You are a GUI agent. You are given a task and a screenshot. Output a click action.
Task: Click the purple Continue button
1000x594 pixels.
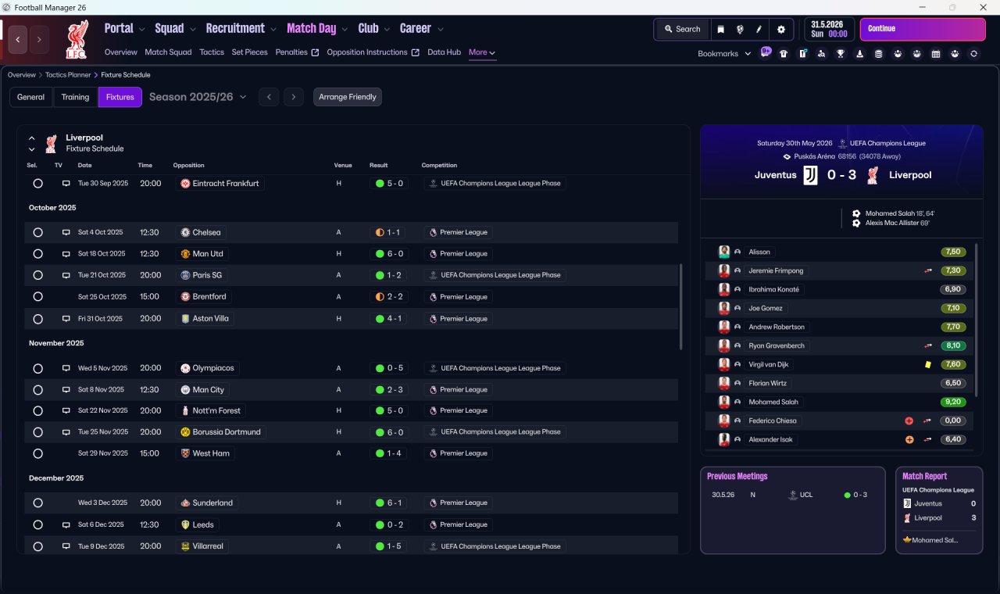tap(923, 29)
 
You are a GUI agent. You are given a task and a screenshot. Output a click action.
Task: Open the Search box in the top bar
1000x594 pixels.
tap(683, 29)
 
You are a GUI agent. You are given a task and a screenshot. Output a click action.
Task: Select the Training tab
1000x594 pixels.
tap(75, 97)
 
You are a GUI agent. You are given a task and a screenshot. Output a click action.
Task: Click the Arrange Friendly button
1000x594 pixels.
tap(348, 97)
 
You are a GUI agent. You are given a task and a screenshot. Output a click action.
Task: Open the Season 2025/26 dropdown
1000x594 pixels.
tap(198, 97)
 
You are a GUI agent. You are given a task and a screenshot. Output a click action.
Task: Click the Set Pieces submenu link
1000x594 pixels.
tap(249, 52)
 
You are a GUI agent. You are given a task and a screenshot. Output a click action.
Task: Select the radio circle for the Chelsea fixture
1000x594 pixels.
tap(38, 232)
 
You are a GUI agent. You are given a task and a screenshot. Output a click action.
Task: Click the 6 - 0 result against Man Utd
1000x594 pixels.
tap(389, 254)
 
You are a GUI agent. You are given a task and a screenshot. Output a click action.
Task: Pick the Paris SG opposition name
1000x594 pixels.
tap(207, 275)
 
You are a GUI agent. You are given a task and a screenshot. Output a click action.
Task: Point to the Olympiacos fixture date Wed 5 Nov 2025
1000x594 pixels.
tap(102, 368)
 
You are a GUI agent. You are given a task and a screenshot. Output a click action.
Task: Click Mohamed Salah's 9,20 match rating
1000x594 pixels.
tap(952, 402)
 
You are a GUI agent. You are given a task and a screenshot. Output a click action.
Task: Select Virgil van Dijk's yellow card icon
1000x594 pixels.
tap(927, 364)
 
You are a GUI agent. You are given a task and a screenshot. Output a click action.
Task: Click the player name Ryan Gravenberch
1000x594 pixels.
tap(777, 345)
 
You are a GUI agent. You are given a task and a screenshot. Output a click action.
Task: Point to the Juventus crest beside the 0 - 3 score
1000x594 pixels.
tap(810, 175)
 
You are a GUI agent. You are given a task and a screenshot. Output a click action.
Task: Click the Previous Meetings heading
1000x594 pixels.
tap(737, 476)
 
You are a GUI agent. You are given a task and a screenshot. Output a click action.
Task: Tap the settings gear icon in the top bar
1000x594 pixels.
tap(780, 30)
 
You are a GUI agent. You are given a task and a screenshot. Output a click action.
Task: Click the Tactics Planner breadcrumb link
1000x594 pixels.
tap(68, 75)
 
